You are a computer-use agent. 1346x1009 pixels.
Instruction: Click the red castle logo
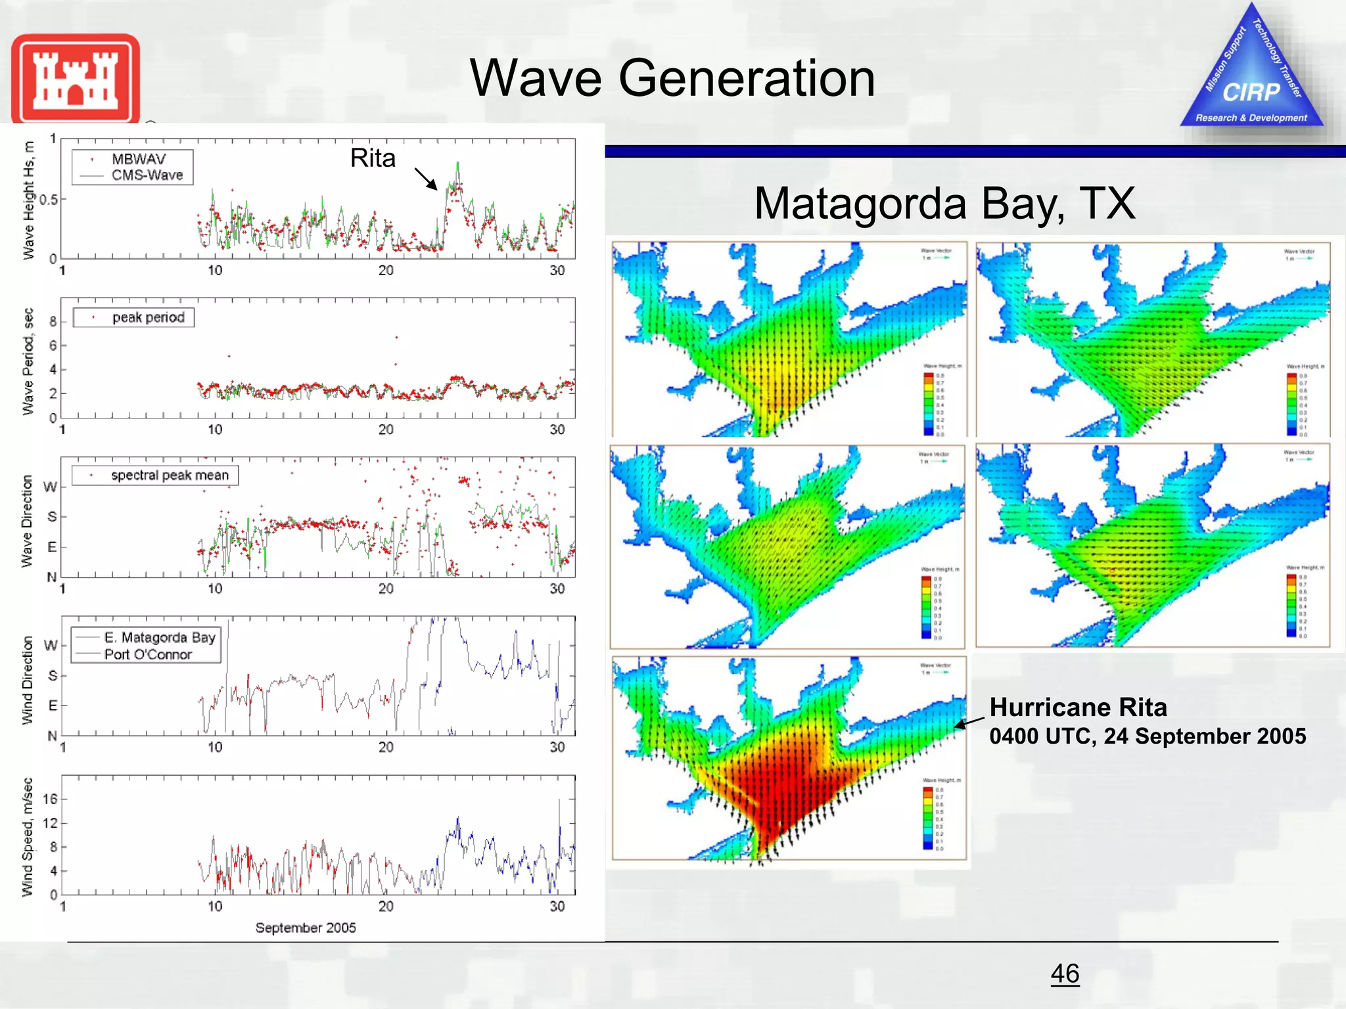point(75,79)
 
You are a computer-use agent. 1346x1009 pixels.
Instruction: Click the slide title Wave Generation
point(672,78)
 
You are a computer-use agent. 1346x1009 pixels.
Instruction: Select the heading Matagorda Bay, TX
point(944,203)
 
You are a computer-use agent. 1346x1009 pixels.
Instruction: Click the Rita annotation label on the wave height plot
point(373,158)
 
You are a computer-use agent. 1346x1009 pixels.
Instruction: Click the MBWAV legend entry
point(138,160)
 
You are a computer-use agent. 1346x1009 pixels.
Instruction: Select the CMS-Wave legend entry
point(147,175)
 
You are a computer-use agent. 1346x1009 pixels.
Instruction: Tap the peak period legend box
point(134,317)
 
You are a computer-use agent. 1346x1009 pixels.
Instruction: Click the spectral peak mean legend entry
point(169,475)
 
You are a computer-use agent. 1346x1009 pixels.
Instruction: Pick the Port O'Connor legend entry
point(148,654)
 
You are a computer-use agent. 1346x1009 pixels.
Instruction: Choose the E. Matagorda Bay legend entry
point(160,637)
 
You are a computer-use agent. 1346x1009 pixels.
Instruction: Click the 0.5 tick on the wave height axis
point(49,200)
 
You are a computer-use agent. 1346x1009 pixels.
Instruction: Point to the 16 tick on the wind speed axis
point(50,799)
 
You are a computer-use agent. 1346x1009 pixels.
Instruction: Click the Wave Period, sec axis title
point(28,361)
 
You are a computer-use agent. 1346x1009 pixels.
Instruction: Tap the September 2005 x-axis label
point(306,928)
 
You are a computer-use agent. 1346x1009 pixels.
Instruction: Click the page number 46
point(1065,974)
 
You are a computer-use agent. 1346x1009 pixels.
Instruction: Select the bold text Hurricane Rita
point(1078,707)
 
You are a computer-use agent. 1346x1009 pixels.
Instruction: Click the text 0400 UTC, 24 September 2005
point(1148,736)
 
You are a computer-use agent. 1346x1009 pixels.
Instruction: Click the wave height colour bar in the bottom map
point(928,818)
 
